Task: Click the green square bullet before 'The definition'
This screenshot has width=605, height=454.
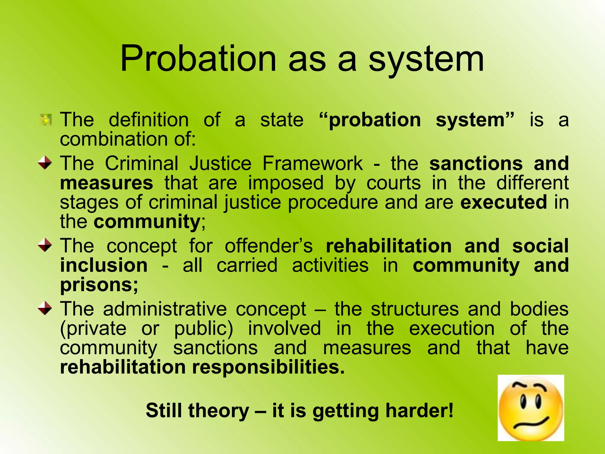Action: (46, 120)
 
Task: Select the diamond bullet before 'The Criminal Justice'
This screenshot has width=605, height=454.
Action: (45, 163)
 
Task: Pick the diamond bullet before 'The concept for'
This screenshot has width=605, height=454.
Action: (45, 245)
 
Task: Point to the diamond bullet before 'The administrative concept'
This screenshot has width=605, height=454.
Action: (45, 308)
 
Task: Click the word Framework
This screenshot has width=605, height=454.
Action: (313, 163)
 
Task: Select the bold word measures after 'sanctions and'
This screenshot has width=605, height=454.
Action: (106, 183)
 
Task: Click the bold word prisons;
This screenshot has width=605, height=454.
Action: (99, 285)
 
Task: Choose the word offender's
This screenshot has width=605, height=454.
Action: (269, 246)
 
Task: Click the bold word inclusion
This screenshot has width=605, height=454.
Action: (104, 265)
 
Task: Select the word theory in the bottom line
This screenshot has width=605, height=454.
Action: (219, 411)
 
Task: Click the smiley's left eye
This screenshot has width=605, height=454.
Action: (523, 402)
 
